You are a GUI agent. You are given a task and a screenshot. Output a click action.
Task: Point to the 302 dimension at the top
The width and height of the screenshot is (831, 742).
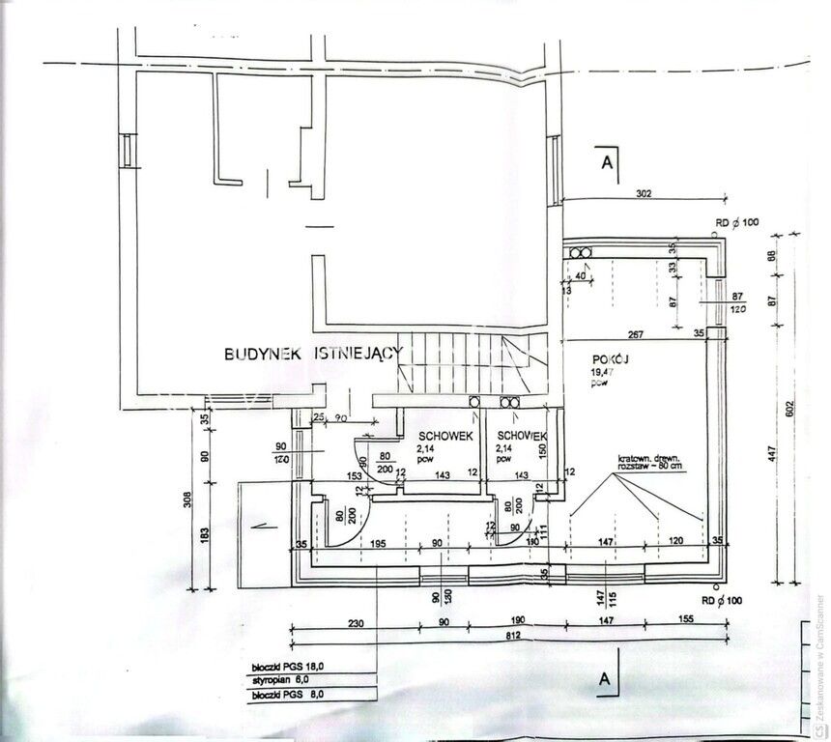click(645, 194)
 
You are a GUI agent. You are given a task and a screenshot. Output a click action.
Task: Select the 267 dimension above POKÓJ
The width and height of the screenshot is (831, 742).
click(635, 334)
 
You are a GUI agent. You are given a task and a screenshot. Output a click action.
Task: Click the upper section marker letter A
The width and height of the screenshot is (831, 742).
click(607, 162)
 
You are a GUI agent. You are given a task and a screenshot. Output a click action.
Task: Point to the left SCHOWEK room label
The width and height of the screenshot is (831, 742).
click(445, 437)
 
